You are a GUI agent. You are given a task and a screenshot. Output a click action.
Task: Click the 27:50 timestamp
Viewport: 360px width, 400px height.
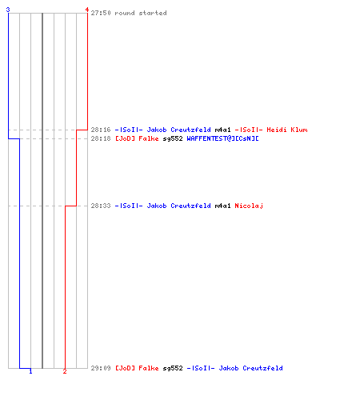tap(101, 13)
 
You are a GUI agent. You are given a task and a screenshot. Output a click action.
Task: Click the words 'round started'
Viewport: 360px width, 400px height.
tap(141, 13)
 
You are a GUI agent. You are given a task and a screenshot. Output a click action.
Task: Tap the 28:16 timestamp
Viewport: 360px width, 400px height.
tap(101, 130)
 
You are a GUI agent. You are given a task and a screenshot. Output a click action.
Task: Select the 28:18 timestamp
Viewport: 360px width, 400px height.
tap(101, 138)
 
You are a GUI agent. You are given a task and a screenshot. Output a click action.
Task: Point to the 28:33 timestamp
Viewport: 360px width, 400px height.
tap(101, 206)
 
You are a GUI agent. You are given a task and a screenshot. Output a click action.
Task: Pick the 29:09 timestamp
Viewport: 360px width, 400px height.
tap(101, 368)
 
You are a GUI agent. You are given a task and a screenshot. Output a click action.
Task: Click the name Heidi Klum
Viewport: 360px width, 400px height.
tap(287, 130)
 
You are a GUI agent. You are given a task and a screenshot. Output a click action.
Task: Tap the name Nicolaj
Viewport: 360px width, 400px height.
tap(249, 206)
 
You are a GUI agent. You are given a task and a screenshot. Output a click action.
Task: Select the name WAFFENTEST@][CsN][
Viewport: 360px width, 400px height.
tap(222, 138)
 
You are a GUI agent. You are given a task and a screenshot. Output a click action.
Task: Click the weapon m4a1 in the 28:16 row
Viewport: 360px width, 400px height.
tap(222, 130)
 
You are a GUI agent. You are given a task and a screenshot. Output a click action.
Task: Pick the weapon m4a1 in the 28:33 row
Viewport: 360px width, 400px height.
tap(222, 206)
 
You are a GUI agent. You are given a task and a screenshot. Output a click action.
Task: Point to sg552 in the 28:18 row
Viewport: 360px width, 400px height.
tap(173, 138)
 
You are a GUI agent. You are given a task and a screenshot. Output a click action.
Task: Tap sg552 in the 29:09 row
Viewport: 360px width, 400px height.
tap(173, 368)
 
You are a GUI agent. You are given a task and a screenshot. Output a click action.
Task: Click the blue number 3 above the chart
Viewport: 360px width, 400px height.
tap(8, 10)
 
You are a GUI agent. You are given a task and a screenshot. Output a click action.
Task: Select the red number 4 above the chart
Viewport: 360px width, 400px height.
tap(87, 10)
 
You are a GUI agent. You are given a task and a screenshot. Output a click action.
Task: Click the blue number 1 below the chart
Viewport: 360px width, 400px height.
tap(30, 371)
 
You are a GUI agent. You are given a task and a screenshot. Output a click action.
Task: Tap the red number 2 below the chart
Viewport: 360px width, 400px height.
tap(65, 371)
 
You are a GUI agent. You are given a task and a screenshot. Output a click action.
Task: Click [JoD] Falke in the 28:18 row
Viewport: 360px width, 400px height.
tap(137, 138)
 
